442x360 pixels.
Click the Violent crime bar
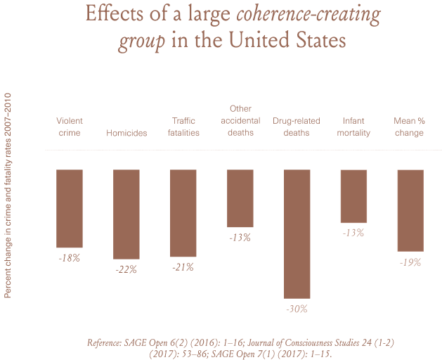(x=70, y=208)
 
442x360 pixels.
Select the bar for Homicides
(x=126, y=214)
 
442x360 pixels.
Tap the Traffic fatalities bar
(x=183, y=212)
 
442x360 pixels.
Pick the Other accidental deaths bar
(x=240, y=198)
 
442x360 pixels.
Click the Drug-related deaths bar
(x=297, y=234)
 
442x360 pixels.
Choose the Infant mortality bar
(x=353, y=195)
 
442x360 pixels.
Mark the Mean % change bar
(x=410, y=210)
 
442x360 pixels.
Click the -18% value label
(x=70, y=258)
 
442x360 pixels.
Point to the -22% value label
(x=126, y=269)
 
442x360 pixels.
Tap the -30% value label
(x=297, y=309)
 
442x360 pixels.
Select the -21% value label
(x=183, y=267)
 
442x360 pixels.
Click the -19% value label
(x=410, y=262)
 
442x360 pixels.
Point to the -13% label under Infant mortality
(x=353, y=233)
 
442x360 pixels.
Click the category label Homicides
(x=126, y=134)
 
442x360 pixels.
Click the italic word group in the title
(x=141, y=41)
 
